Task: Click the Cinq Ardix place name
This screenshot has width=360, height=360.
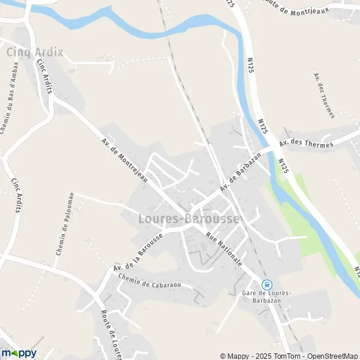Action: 34,52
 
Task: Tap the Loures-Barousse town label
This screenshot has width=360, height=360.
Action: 188,220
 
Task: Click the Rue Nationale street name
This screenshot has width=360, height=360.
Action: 224,250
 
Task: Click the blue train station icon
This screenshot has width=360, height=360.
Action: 267,284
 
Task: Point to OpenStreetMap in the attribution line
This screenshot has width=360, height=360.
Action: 334,356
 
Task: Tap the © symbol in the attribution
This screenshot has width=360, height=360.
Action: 223,356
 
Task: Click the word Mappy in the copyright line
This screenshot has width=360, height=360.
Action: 238,356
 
